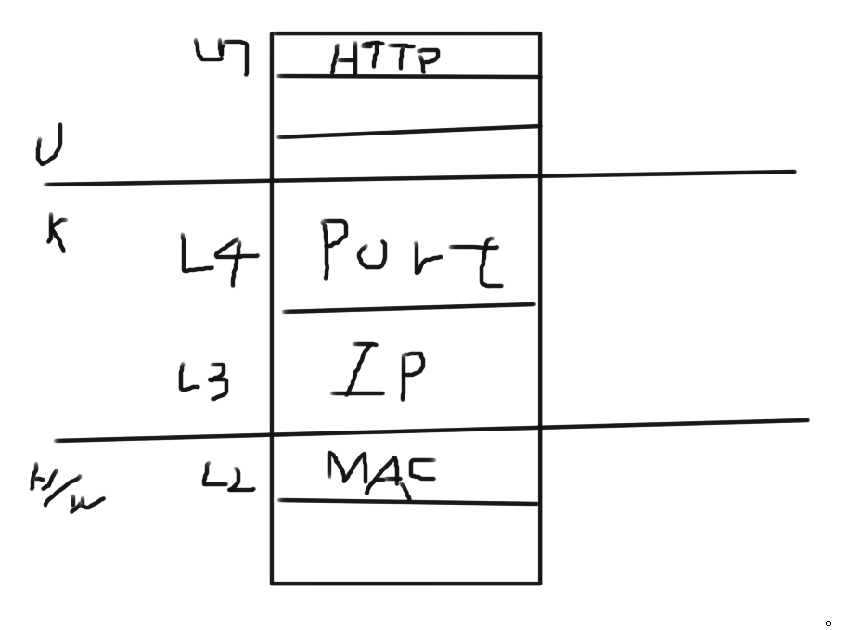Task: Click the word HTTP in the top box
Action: tap(384, 60)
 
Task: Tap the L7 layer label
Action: tap(223, 58)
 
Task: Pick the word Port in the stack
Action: tap(412, 251)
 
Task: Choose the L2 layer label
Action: tap(228, 477)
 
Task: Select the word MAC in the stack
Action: tap(380, 470)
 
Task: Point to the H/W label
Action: tap(65, 490)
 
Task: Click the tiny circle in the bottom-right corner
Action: tap(828, 622)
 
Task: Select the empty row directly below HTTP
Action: tap(406, 103)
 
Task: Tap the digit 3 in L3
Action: tap(217, 381)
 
